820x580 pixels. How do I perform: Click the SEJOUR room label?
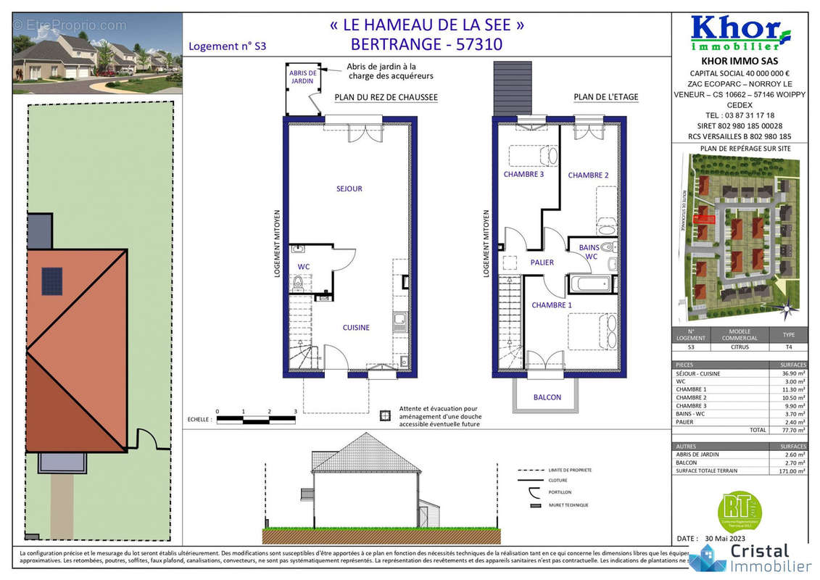point(349,189)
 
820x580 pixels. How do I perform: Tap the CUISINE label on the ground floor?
point(356,328)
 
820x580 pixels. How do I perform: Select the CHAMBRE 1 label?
point(552,305)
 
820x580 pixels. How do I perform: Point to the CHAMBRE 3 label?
point(523,175)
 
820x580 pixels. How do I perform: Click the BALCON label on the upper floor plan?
point(547,397)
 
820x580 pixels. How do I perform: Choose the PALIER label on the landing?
point(542,262)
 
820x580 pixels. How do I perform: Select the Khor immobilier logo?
point(740,33)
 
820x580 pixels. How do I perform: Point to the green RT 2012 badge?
point(739,510)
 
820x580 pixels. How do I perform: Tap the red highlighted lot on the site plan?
point(704,218)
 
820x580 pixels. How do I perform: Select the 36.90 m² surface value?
point(793,373)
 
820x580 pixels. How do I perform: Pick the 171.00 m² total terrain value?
point(792,471)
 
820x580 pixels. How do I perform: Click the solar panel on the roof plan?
point(51,281)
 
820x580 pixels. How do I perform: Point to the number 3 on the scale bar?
point(295,412)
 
